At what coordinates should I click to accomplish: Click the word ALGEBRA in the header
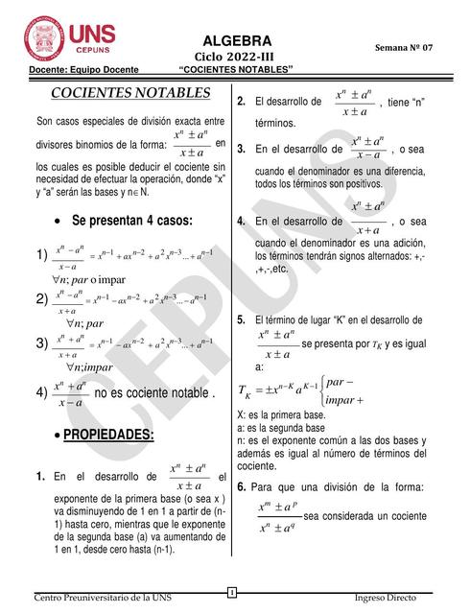pos(237,40)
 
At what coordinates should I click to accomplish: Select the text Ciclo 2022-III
pos(236,57)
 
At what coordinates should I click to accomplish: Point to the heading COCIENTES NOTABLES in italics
pos(129,93)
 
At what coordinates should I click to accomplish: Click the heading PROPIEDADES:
pos(107,435)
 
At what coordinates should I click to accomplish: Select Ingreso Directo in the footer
pos(386,598)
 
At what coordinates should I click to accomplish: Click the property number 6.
pos(242,486)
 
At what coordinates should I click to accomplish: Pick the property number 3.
pos(242,150)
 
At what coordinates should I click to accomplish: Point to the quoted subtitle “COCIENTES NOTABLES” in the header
pos(236,70)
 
